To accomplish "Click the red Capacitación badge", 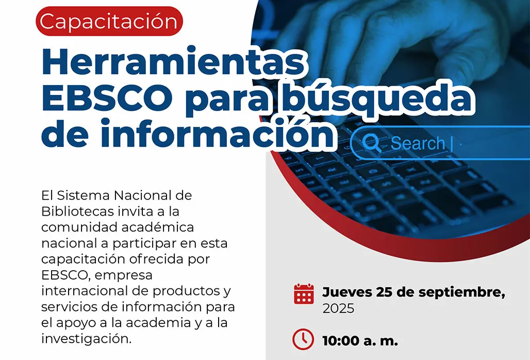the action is click(109, 21).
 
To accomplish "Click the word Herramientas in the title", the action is click(173, 62).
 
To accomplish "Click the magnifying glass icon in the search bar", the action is click(372, 143).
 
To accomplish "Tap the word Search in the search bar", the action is click(418, 143).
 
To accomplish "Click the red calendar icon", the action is click(304, 294).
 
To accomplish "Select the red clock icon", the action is click(303, 339).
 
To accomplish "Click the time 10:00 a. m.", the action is click(360, 340).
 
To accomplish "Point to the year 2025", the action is click(338, 308).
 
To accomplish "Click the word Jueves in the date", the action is click(346, 292).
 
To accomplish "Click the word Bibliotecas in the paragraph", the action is click(77, 211).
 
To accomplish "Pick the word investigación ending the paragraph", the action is click(86, 339).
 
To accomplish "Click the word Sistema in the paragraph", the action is click(84, 195).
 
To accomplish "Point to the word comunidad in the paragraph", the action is click(79, 227).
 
